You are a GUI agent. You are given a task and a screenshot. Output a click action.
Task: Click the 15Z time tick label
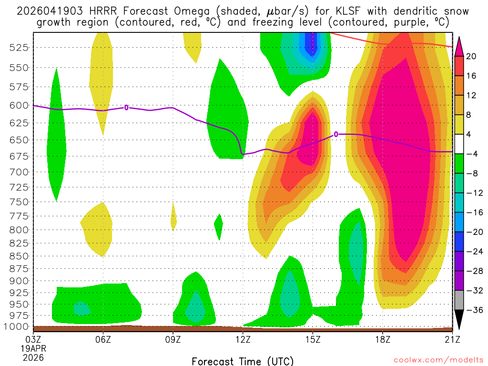point(313,339)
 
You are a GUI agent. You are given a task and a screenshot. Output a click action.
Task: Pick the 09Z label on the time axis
point(173,339)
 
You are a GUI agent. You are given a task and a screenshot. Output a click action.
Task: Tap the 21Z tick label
point(452,339)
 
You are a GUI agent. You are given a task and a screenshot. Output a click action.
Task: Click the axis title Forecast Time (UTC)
point(243,361)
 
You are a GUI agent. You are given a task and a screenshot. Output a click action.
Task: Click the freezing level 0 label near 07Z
point(126,108)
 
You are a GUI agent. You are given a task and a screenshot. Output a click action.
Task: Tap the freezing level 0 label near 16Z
point(336,134)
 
